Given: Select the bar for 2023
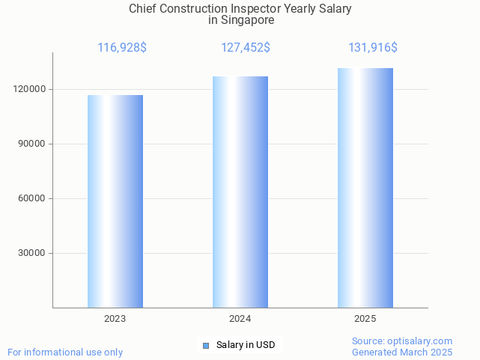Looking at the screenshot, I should (x=115, y=201).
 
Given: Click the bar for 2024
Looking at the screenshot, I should (x=240, y=192).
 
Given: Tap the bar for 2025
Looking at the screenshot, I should (x=365, y=188).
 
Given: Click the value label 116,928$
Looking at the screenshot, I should (x=122, y=48).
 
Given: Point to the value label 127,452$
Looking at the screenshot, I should (x=246, y=48).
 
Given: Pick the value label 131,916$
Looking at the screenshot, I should (x=373, y=48).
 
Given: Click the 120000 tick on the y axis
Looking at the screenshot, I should (x=30, y=89).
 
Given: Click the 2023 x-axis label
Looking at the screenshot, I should (x=115, y=319).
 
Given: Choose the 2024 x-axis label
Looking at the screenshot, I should (x=240, y=319).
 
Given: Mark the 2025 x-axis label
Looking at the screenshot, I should (x=365, y=319).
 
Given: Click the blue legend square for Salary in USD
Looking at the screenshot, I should (x=206, y=345).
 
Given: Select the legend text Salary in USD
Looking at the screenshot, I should (x=246, y=345).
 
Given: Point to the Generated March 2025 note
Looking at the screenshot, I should (x=402, y=352).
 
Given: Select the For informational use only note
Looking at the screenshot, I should (x=65, y=352).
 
